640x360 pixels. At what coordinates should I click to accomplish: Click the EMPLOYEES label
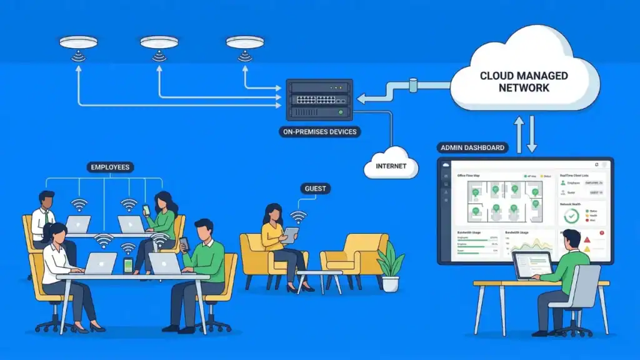(x=110, y=167)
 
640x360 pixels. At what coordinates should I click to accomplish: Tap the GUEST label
(x=316, y=188)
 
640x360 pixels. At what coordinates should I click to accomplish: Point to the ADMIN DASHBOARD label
(x=472, y=148)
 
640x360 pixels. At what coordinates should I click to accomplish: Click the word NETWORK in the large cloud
(x=524, y=87)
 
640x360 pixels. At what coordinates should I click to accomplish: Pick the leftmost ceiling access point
(x=78, y=42)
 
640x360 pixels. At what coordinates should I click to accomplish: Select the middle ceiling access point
(x=159, y=42)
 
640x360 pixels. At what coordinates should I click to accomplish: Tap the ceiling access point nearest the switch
(x=245, y=42)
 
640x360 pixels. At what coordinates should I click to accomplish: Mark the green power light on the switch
(x=341, y=112)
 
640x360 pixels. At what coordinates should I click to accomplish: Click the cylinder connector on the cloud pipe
(x=413, y=84)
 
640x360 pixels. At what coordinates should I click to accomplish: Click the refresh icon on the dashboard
(x=596, y=165)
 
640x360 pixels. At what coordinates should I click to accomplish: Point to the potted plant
(x=391, y=266)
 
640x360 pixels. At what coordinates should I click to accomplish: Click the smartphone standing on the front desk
(x=128, y=265)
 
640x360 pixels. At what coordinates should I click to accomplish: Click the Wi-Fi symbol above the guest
(x=299, y=216)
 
